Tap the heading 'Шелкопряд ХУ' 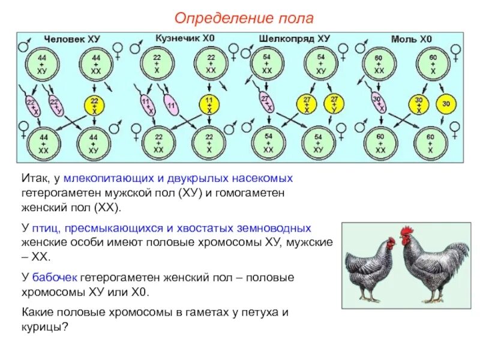(295, 38)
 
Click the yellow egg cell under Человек (94, 106)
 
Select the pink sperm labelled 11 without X (172, 106)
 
